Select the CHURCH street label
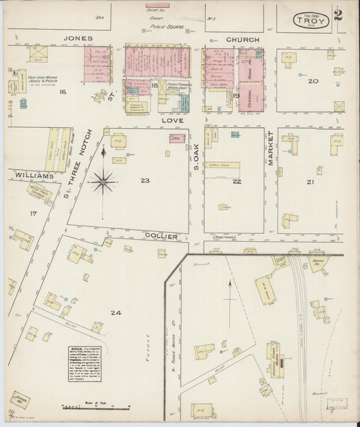(x=242, y=40)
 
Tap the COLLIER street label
(x=161, y=236)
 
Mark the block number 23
(x=145, y=180)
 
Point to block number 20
(x=312, y=81)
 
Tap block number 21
(x=310, y=182)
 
